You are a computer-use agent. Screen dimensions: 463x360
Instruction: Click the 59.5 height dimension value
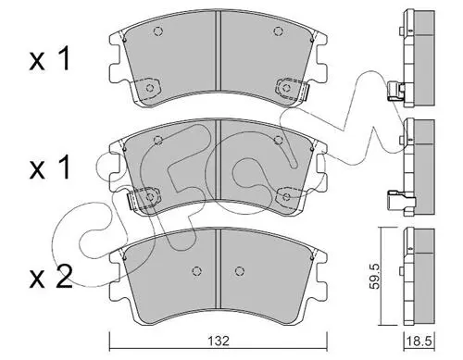[375, 276]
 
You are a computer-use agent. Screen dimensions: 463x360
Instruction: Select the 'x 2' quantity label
[51, 277]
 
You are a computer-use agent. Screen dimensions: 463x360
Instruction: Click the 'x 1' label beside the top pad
[50, 59]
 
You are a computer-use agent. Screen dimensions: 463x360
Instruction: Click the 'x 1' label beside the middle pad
[50, 168]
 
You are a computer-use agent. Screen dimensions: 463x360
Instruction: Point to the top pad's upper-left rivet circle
[158, 31]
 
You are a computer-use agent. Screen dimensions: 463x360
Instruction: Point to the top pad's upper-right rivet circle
[278, 31]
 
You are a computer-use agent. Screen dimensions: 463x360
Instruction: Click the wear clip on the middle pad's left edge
[131, 200]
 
